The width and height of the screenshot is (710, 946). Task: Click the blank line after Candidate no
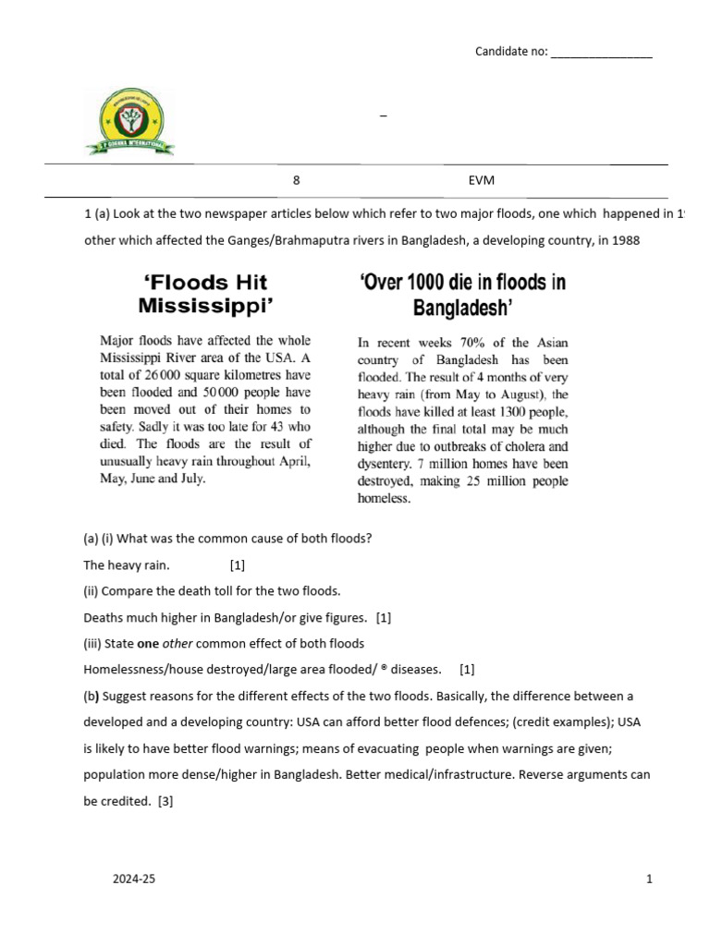601,52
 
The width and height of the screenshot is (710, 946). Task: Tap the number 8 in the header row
296,182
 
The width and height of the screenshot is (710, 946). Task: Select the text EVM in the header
481,182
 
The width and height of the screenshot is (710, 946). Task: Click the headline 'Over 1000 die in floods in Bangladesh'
462,293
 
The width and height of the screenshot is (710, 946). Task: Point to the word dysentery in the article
387,464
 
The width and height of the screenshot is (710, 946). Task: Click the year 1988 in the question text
620,241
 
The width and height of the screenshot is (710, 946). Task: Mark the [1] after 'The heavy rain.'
237,564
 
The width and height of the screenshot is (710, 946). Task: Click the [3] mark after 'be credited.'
165,802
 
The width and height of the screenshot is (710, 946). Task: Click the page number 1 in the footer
650,879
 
